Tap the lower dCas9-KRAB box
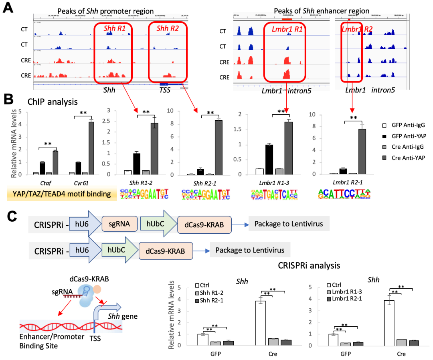[165, 251]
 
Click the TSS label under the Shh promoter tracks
[164, 90]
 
